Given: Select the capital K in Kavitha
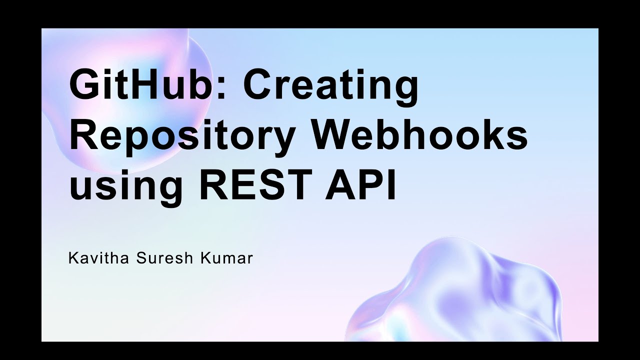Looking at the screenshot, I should tap(73, 259).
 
